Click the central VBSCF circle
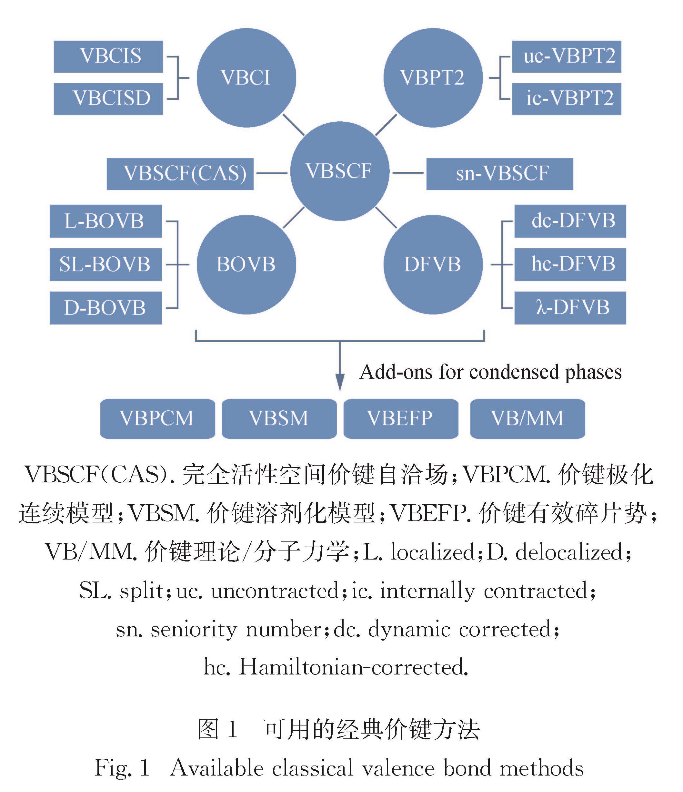tap(340, 171)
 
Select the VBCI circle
tap(246, 77)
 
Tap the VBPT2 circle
tap(433, 77)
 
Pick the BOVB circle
tap(246, 264)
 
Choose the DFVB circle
tap(433, 264)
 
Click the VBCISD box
tap(108, 98)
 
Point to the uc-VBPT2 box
tap(567, 56)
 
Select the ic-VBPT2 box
tap(567, 98)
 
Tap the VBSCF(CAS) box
tap(180, 174)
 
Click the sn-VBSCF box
tap(500, 174)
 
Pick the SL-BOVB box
tap(106, 264)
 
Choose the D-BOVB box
tap(106, 308)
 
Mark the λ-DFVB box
tap(570, 308)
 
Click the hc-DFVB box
tap(570, 264)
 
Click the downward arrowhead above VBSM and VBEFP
tap(340, 382)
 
